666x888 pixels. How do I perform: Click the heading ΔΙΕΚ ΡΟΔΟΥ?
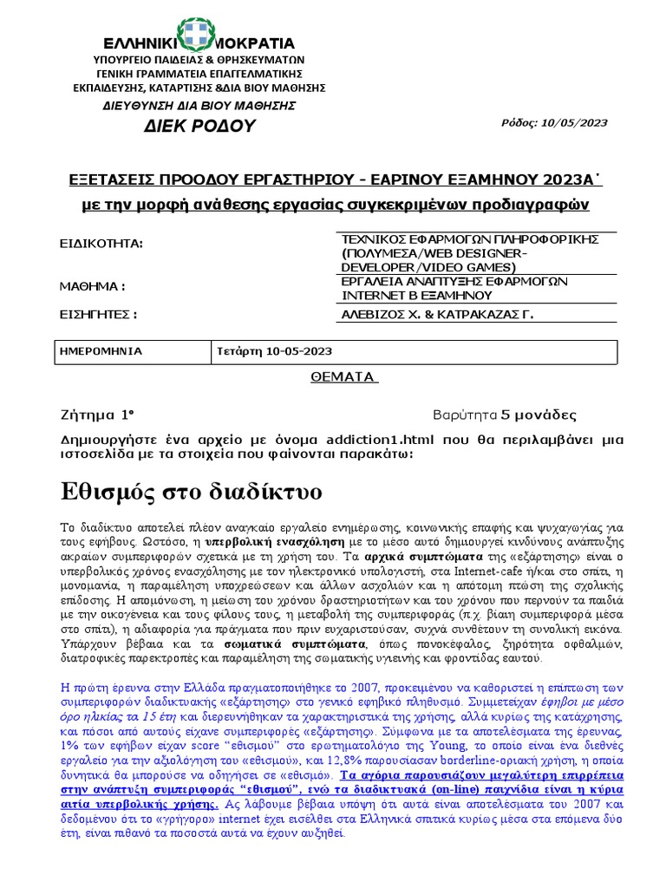[x=199, y=126]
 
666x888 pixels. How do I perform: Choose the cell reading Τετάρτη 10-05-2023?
[x=274, y=351]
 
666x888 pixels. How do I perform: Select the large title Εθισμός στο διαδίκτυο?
[x=192, y=492]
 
